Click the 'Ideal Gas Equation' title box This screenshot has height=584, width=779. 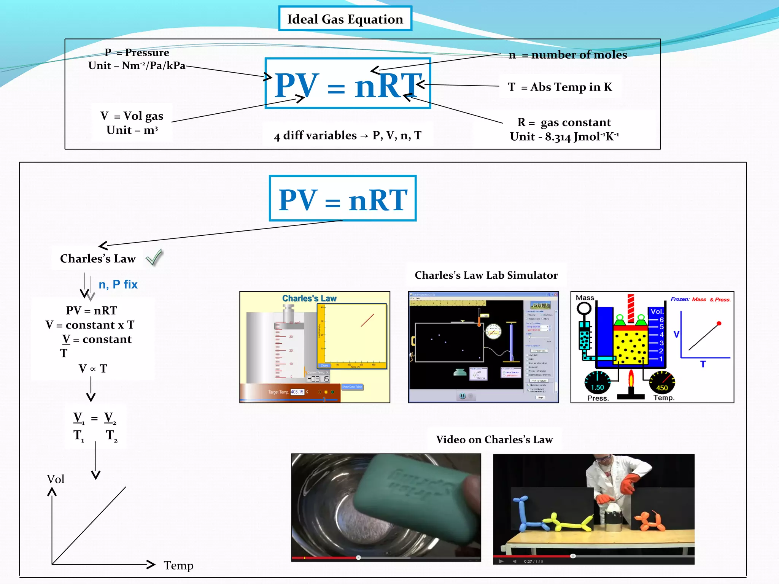(x=345, y=19)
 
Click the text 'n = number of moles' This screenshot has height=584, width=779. (x=568, y=55)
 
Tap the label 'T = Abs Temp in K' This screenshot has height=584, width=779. (x=560, y=87)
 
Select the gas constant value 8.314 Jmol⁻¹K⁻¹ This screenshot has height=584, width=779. (x=582, y=136)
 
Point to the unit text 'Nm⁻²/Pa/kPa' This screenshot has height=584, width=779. (x=154, y=66)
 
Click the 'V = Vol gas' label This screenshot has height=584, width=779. (x=132, y=116)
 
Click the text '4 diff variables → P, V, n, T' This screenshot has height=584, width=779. (x=347, y=135)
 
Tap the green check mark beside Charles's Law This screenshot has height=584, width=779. (x=154, y=257)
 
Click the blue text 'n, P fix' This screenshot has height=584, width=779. (x=118, y=284)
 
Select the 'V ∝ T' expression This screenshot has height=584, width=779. (x=93, y=368)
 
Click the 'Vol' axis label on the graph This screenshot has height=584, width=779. (x=56, y=479)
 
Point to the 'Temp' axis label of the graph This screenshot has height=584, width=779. (x=178, y=565)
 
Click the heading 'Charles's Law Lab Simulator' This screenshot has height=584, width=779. (x=486, y=275)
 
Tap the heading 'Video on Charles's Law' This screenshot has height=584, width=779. (x=494, y=440)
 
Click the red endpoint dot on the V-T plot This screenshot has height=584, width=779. (x=719, y=324)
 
